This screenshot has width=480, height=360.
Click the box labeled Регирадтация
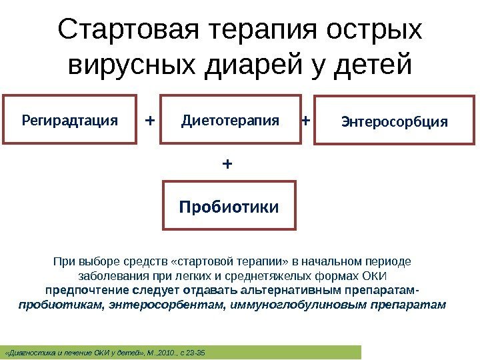click(x=70, y=121)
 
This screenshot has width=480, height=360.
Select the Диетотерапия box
click(x=230, y=121)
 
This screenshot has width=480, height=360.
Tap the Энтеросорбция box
click(x=395, y=121)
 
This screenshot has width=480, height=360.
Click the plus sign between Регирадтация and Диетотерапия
click(x=149, y=121)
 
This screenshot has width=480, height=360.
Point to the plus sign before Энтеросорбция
click(x=306, y=121)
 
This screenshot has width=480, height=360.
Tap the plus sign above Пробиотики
click(x=228, y=163)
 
